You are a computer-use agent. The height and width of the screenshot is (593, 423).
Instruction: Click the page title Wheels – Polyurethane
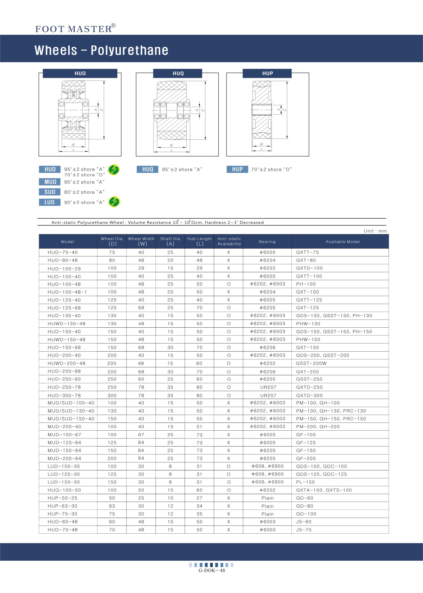pos(101,50)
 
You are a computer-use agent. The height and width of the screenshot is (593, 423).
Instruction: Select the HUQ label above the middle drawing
pos(178,73)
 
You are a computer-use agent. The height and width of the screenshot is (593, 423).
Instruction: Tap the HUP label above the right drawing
pos(267,73)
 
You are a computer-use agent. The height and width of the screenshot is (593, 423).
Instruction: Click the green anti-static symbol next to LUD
pos(114,202)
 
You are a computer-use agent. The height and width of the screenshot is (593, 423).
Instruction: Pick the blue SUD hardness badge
pos(50,192)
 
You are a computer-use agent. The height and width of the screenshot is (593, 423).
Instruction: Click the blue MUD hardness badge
pos(50,182)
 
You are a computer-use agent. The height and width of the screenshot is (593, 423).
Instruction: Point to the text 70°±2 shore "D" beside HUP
pos(272,169)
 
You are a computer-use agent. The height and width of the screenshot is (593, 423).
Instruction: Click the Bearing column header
pos(267,241)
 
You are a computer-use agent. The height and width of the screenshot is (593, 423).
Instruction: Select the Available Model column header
pos(342,241)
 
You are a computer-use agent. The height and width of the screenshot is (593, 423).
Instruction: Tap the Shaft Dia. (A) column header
pos(170,241)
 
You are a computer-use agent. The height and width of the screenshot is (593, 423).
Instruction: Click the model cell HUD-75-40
pos(63,252)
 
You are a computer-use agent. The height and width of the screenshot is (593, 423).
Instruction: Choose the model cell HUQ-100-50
pos(64,490)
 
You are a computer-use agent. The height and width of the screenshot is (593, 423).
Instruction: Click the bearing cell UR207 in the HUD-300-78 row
pos(268,396)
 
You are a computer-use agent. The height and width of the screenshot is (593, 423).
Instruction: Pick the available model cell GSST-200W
pos(311,363)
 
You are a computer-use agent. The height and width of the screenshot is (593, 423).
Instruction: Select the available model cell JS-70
pos(304,530)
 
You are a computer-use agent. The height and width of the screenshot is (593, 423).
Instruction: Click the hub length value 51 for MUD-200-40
pos(200,427)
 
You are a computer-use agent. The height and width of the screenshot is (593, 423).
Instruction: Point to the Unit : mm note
pos(375,231)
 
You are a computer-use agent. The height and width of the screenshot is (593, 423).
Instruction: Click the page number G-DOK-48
pos(211,570)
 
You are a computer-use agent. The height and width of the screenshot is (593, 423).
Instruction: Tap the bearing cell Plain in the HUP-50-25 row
pos(267,498)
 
